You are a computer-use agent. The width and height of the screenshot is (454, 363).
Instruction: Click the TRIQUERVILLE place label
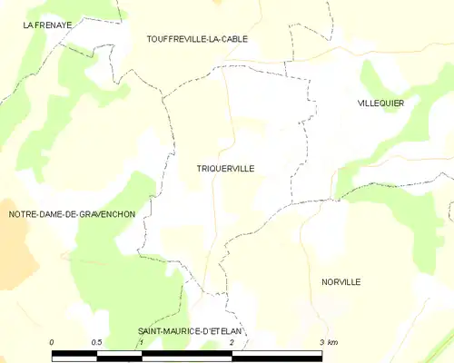pyautogui.click(x=225, y=169)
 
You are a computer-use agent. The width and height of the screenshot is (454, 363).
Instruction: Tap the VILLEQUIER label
pyautogui.click(x=380, y=103)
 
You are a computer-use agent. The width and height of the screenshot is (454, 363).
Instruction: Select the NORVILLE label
pyautogui.click(x=340, y=282)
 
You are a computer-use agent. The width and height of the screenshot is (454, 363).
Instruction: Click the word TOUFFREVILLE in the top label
pyautogui.click(x=175, y=39)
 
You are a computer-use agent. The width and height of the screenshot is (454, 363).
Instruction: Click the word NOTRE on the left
pyautogui.click(x=23, y=214)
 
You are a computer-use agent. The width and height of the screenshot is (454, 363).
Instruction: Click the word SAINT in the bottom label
pyautogui.click(x=151, y=332)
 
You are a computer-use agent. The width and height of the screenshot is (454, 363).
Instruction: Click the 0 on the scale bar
pyautogui.click(x=52, y=342)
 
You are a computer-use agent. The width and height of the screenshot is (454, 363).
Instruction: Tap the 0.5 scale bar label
pyautogui.click(x=96, y=342)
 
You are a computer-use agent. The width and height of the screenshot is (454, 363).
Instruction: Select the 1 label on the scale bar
pyautogui.click(x=142, y=342)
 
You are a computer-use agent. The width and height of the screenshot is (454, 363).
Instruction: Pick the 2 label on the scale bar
pyautogui.click(x=232, y=342)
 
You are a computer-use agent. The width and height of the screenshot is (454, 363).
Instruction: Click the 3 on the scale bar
pyautogui.click(x=321, y=342)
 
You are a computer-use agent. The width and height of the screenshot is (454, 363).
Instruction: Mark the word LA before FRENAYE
pyautogui.click(x=30, y=26)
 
